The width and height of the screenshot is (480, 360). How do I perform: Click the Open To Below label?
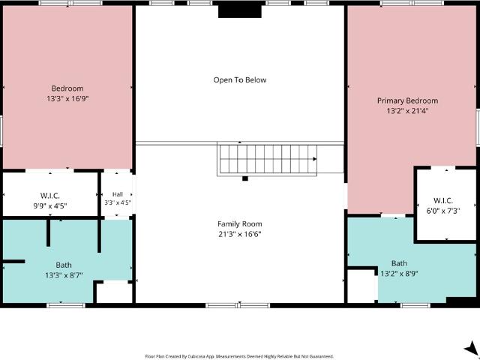[240, 80]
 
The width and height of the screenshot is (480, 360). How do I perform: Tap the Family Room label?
[240, 224]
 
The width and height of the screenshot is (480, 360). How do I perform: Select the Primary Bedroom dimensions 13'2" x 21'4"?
[407, 111]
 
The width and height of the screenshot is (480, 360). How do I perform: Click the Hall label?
[118, 194]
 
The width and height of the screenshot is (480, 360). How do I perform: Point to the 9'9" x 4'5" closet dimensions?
[50, 205]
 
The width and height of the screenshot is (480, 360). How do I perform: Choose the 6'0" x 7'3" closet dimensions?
[443, 211]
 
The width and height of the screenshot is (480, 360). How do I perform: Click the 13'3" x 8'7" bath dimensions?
[64, 275]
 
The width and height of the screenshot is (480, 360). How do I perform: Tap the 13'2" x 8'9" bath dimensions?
[399, 273]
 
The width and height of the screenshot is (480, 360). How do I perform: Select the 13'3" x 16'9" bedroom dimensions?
[67, 99]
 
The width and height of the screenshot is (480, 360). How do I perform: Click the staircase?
[267, 159]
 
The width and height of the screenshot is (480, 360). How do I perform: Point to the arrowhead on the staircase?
[314, 159]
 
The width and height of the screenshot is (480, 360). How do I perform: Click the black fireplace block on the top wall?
[240, 11]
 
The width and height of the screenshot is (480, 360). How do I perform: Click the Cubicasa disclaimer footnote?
[239, 357]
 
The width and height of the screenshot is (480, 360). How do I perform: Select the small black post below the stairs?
[245, 178]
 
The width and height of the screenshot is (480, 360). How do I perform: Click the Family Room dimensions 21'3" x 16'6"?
[240, 235]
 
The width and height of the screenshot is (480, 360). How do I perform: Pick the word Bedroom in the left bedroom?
[67, 88]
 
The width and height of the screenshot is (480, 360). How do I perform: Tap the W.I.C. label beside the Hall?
[50, 196]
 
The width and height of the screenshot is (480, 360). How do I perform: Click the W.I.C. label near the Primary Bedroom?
[443, 201]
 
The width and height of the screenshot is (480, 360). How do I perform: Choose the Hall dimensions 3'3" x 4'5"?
[118, 202]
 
